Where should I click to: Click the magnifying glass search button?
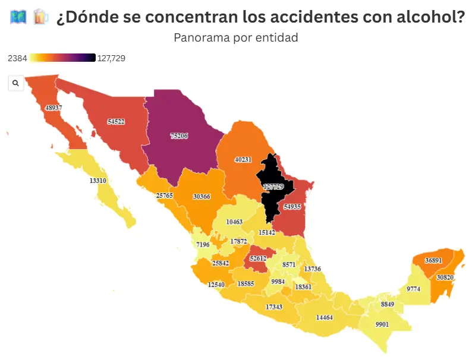click(15, 83)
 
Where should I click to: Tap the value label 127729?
click(273, 187)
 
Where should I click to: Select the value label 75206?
click(179, 136)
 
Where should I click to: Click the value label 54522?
click(116, 122)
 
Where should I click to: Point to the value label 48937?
click(53, 108)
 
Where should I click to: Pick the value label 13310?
click(98, 181)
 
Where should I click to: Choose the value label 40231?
click(243, 159)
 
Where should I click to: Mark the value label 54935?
click(292, 207)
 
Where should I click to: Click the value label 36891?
click(433, 260)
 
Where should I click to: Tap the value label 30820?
click(445, 277)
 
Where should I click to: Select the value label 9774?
click(413, 289)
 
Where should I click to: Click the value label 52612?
click(259, 258)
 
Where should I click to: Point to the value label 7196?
click(203, 245)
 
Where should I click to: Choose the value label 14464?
click(325, 318)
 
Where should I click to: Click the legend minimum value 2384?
click(17, 58)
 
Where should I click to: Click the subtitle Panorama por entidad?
click(236, 37)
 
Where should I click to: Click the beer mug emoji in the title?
click(41, 17)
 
